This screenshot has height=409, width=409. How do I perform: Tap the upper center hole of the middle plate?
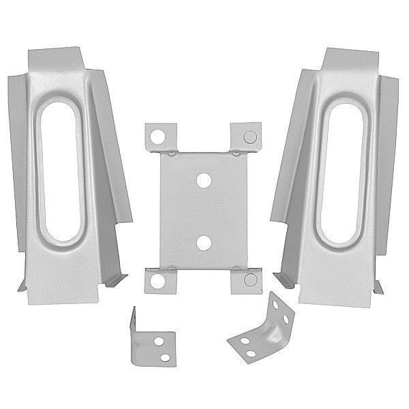coord(202,182)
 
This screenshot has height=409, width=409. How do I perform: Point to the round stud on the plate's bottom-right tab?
coord(249,279)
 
